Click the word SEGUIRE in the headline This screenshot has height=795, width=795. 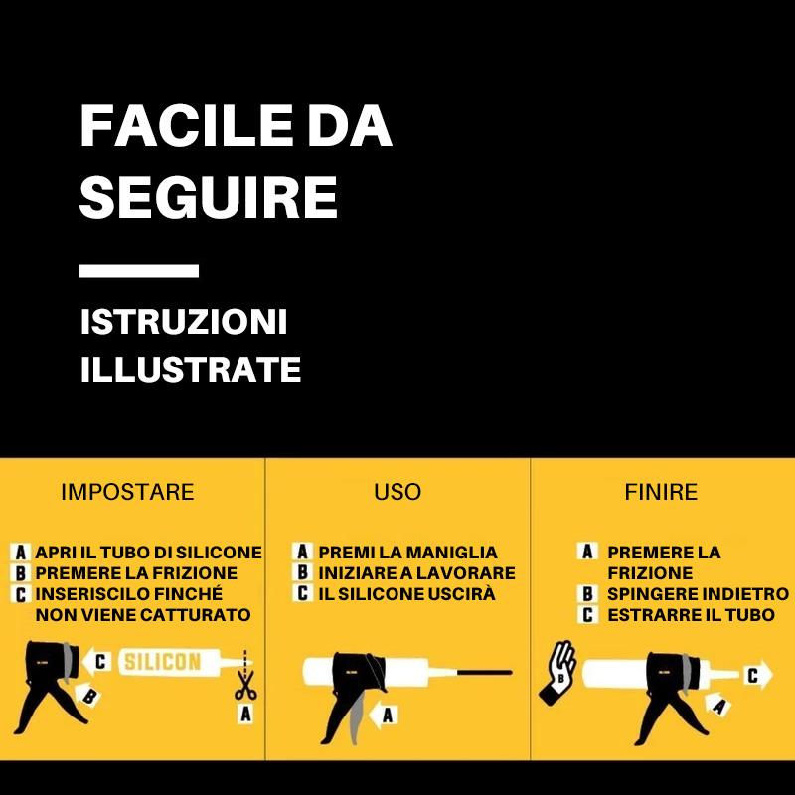[x=209, y=197]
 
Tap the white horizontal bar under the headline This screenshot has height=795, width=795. [x=139, y=270]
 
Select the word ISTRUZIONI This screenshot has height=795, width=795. [x=184, y=322]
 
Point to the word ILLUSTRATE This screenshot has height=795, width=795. [x=191, y=369]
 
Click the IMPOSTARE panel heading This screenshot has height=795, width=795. [x=127, y=492]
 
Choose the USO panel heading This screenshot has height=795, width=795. [x=397, y=492]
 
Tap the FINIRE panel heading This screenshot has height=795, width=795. [x=661, y=492]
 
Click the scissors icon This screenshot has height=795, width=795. [x=245, y=685]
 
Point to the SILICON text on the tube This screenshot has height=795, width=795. [x=163, y=662]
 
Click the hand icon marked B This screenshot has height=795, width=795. [x=557, y=672]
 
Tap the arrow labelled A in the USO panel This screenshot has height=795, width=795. [x=383, y=715]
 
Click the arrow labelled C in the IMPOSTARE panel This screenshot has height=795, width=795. [x=97, y=661]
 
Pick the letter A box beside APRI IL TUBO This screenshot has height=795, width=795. [x=20, y=553]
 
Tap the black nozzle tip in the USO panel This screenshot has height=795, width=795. [x=484, y=673]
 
